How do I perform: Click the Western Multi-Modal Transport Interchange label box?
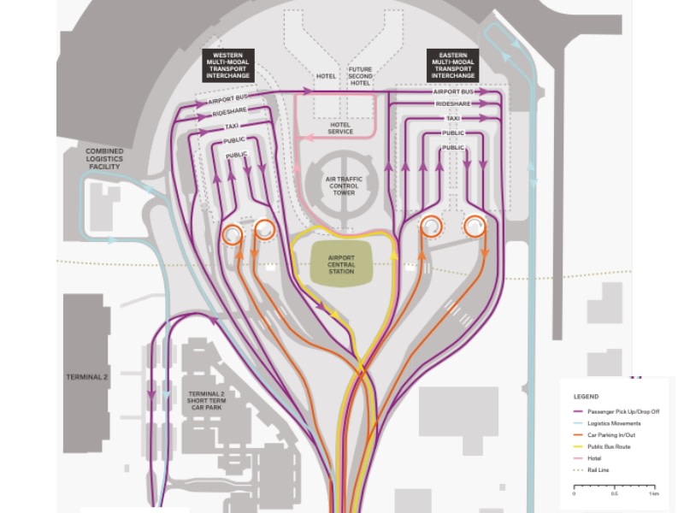(227, 66)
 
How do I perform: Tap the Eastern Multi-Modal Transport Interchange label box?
(453, 66)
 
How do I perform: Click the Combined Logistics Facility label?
(104, 158)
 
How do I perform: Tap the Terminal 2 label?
(88, 377)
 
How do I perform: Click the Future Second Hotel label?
(360, 77)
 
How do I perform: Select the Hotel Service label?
(340, 128)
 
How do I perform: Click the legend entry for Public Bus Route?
(607, 446)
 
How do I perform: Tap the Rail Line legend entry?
(598, 469)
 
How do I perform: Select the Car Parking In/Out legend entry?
(606, 435)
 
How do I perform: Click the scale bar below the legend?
(613, 487)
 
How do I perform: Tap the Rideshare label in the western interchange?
(227, 112)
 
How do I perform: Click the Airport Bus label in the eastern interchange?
(453, 91)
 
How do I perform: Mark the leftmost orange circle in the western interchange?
(232, 233)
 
